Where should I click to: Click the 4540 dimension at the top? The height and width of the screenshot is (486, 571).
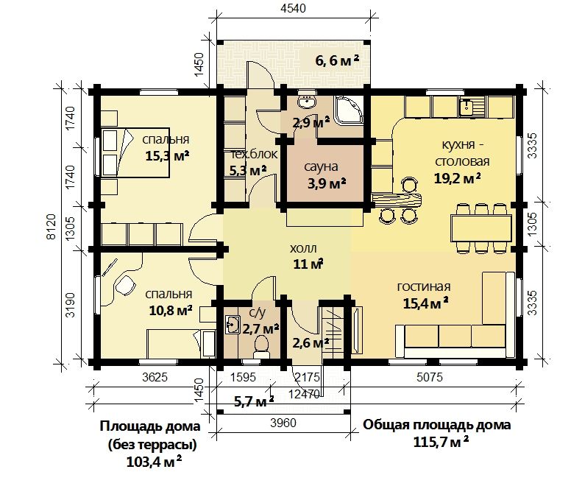pyautogui.click(x=293, y=8)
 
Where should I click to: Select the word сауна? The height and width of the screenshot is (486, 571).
pyautogui.click(x=321, y=167)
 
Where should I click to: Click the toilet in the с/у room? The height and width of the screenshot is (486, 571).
pyautogui.click(x=261, y=347)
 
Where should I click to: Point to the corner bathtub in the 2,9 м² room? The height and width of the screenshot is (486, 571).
pyautogui.click(x=350, y=110)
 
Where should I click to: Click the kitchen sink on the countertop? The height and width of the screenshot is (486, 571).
pyautogui.click(x=466, y=108)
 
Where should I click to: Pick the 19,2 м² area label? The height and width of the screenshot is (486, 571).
pyautogui.click(x=458, y=178)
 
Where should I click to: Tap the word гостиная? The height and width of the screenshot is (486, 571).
pyautogui.click(x=424, y=286)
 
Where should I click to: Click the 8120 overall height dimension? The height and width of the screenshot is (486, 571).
pyautogui.click(x=52, y=226)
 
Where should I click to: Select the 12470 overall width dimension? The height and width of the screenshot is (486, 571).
pyautogui.click(x=304, y=393)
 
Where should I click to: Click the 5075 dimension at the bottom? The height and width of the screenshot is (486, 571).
pyautogui.click(x=430, y=377)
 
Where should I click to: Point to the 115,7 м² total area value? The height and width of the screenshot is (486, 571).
pyautogui.click(x=441, y=443)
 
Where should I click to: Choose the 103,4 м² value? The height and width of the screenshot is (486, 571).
pyautogui.click(x=154, y=462)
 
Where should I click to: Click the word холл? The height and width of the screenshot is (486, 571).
pyautogui.click(x=303, y=249)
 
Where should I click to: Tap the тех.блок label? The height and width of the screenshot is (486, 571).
pyautogui.click(x=254, y=154)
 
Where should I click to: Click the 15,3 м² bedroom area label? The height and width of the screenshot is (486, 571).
pyautogui.click(x=167, y=156)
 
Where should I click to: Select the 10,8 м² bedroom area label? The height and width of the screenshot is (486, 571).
pyautogui.click(x=171, y=311)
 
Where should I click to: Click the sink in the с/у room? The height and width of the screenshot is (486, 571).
pyautogui.click(x=232, y=324)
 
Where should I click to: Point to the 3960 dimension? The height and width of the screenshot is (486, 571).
pyautogui.click(x=283, y=423)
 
